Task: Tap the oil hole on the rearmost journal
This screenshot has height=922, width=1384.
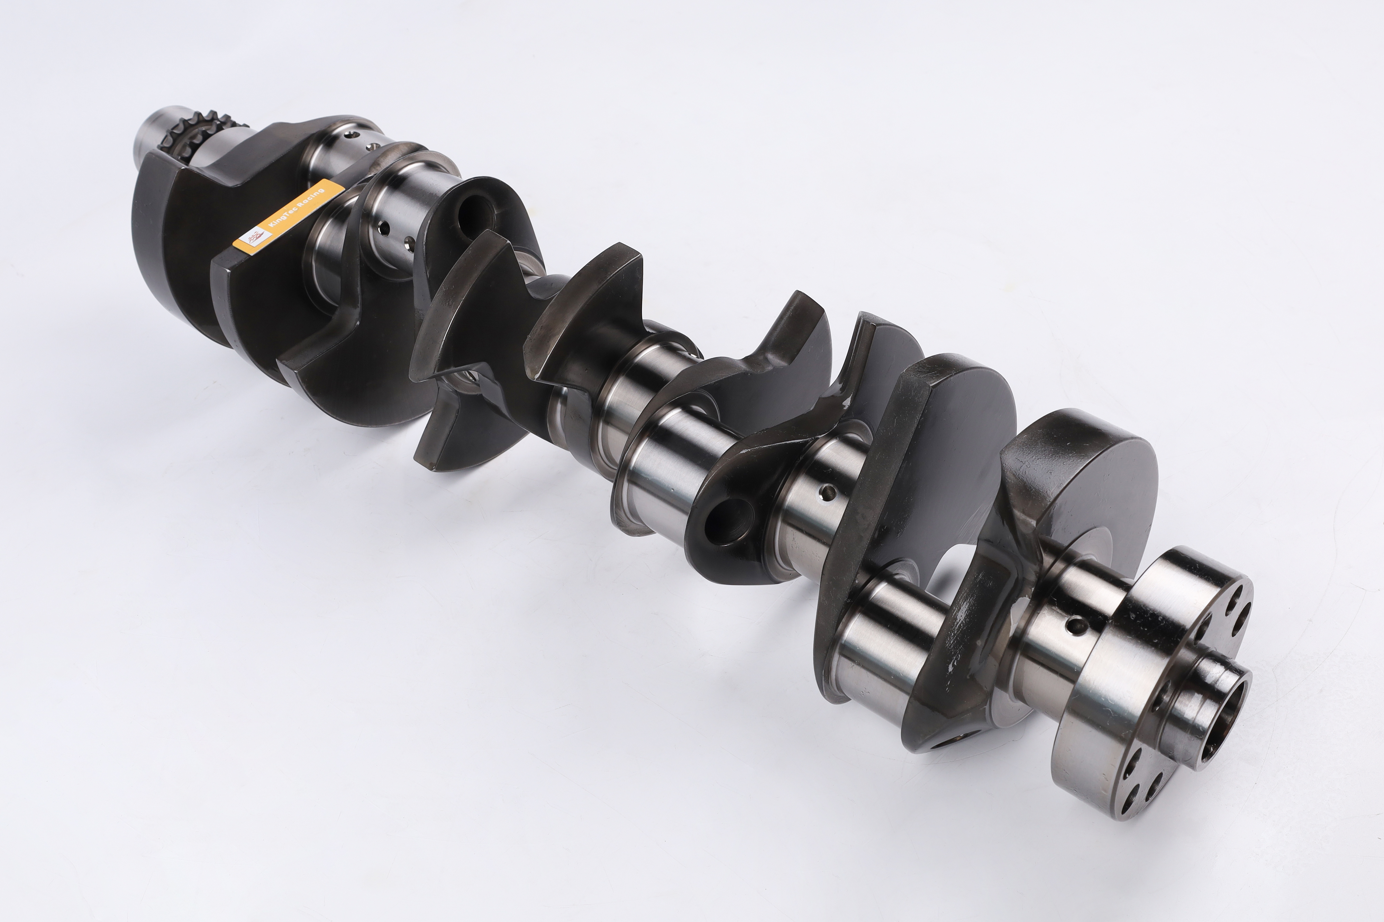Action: pos(1075,625)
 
